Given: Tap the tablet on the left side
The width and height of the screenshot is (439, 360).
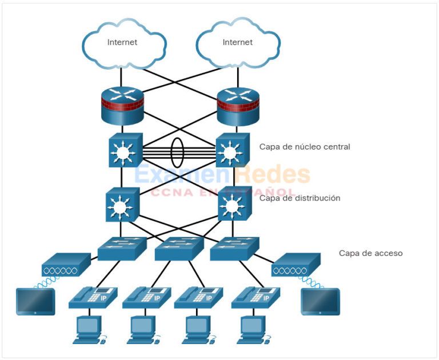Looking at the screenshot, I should [35, 301].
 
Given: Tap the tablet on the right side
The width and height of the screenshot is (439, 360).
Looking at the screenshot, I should [320, 301].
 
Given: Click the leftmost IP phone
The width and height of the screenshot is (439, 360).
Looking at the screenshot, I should [93, 298].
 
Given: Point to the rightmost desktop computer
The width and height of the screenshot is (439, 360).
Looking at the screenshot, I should [253, 330].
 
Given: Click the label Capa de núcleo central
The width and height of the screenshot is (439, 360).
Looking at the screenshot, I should [305, 147].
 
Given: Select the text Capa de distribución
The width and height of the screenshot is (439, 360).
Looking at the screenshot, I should [300, 198].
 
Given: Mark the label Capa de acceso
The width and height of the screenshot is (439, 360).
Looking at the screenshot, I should [370, 253].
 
